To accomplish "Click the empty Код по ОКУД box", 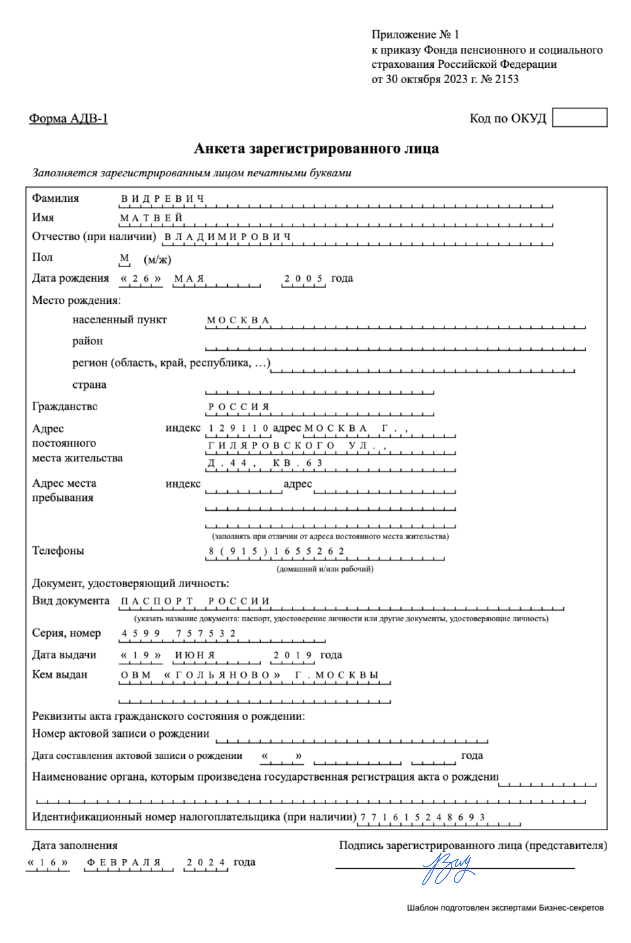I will (579, 117).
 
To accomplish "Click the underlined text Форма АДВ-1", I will (68, 118).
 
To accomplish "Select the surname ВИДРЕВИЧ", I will (162, 199).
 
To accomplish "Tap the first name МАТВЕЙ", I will (151, 218).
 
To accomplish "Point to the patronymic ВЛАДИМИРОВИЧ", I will (227, 237).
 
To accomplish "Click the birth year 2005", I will (303, 278).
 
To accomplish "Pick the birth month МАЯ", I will (189, 279).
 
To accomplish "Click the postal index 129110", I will (238, 428).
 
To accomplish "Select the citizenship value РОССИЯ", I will (238, 407).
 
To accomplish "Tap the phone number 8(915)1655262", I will (277, 551).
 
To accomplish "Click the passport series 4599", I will (141, 633).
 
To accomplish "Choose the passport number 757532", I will (206, 633).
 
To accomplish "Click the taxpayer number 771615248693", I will (422, 817).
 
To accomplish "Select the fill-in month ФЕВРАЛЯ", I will (124, 862).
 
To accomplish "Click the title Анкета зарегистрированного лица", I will (316, 148).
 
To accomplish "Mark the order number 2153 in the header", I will (507, 79).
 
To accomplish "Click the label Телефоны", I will (58, 551).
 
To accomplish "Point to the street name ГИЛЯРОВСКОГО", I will (271, 445).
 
